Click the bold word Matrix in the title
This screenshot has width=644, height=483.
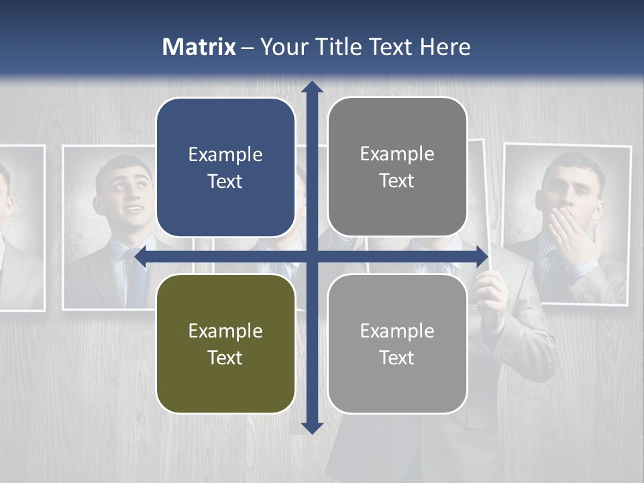[199, 47]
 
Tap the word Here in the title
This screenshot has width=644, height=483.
[445, 47]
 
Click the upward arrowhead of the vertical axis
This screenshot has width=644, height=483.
[312, 87]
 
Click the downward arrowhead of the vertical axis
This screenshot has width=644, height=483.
[312, 427]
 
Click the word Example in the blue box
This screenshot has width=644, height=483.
[225, 154]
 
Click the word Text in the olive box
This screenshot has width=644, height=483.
[225, 358]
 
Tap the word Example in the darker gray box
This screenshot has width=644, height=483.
[397, 154]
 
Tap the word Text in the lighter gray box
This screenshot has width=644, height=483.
[396, 358]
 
